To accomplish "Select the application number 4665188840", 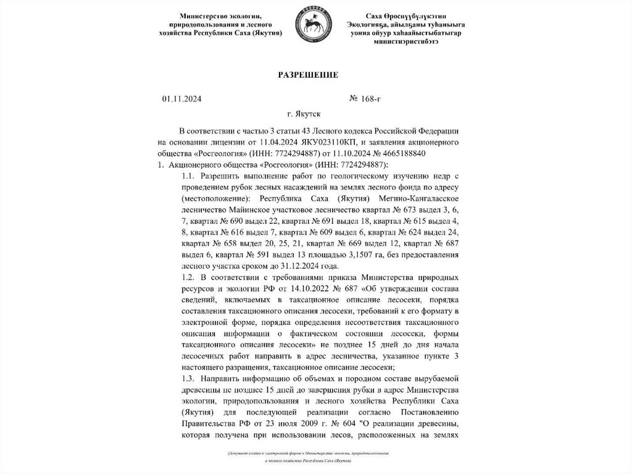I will [x=396, y=153].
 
